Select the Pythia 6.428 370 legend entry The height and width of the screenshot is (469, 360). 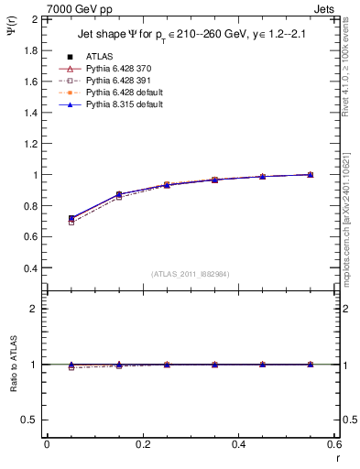[x=118, y=69]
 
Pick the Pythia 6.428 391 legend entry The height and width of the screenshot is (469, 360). [x=118, y=81]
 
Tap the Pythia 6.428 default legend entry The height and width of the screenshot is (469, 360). [x=123, y=93]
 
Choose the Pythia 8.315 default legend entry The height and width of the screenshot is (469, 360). [x=123, y=105]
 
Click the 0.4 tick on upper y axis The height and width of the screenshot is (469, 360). [x=29, y=268]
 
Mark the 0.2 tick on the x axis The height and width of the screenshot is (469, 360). [x=142, y=444]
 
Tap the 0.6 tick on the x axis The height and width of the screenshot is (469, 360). [x=333, y=444]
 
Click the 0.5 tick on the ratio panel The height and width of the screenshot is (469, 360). [x=29, y=420]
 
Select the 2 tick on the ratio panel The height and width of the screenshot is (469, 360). [x=34, y=309]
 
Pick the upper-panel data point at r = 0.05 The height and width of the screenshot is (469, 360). [x=71, y=219]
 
